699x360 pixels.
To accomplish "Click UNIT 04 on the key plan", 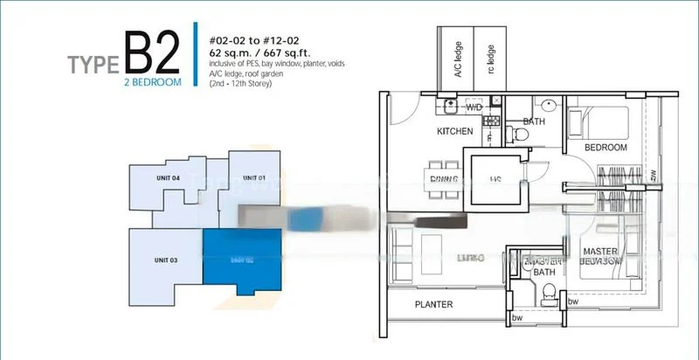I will coord(169,178).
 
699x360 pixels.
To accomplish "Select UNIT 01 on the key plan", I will coord(253,178).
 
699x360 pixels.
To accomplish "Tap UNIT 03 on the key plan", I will coord(167,260).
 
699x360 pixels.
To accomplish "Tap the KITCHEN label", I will coord(455,132).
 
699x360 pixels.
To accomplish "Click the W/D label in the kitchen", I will coord(473,108).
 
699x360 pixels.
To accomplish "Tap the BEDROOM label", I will coord(606,148).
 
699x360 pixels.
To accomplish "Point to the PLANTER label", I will coord(434,305).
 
